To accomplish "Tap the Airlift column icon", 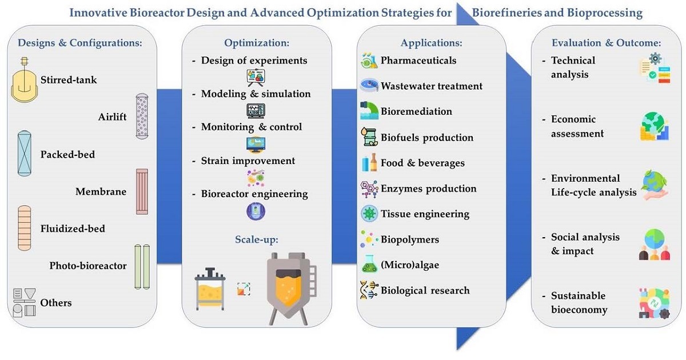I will [x=141, y=117].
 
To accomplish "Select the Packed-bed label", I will [x=67, y=154].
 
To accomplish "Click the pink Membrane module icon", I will [x=142, y=191].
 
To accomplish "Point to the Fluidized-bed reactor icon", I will [x=25, y=228].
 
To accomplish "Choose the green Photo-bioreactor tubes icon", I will [x=141, y=266].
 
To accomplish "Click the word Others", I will [x=56, y=302].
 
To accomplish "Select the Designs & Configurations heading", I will [x=80, y=42].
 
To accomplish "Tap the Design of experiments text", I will [x=254, y=61].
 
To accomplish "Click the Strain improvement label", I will [x=248, y=161].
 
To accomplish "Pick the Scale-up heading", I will [x=256, y=239].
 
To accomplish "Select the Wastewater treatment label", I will [x=432, y=86].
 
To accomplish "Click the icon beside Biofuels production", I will [x=369, y=138].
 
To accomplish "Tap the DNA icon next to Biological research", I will [x=369, y=290].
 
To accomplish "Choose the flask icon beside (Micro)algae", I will [x=369, y=265].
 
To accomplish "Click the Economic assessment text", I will [x=577, y=126].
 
